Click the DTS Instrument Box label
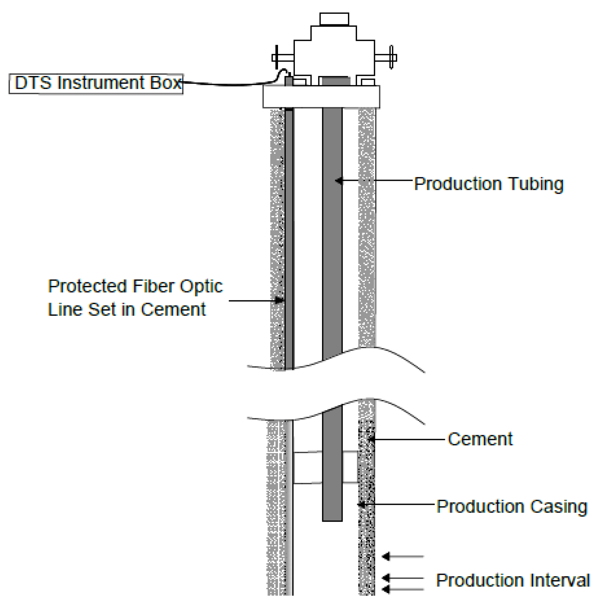pyautogui.click(x=96, y=84)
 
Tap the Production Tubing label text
pyautogui.click(x=488, y=184)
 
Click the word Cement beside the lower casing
pyautogui.click(x=480, y=439)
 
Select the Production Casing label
pyautogui.click(x=511, y=507)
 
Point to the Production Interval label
pyautogui.click(x=512, y=580)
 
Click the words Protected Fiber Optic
pyautogui.click(x=135, y=286)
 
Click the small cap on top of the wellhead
pyautogui.click(x=334, y=19)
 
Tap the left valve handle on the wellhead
pyautogui.click(x=277, y=57)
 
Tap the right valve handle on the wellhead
pyautogui.click(x=391, y=57)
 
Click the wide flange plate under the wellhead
pyautogui.click(x=321, y=97)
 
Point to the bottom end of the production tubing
pyautogui.click(x=332, y=519)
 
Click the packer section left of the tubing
pyautogui.click(x=308, y=468)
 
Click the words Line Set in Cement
pyautogui.click(x=127, y=310)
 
